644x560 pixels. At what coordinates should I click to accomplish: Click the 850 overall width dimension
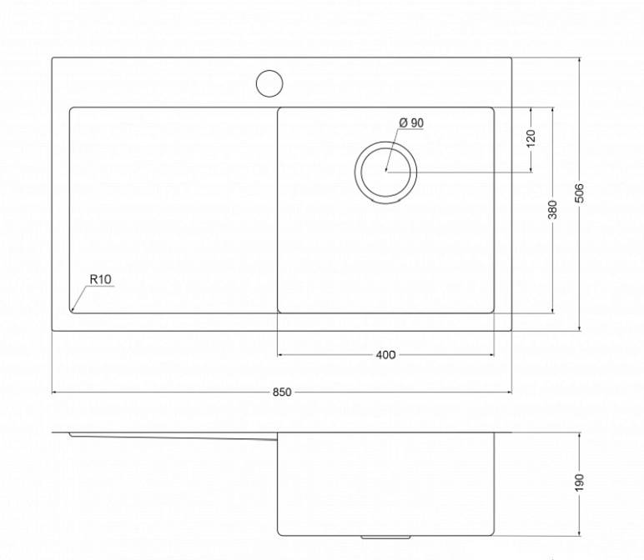coord(282,392)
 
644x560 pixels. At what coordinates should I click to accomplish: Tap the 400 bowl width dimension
coord(385,354)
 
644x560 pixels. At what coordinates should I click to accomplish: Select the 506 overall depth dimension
coord(579,192)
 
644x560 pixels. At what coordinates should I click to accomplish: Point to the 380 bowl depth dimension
coord(553,209)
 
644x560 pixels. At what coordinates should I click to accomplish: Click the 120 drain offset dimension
coord(531,138)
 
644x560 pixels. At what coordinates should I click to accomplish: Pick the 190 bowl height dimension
coord(579,482)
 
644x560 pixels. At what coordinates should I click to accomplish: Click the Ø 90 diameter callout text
coord(411,122)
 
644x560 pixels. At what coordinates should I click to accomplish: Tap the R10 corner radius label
coord(101,279)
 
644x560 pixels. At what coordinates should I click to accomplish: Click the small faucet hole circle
coord(269,83)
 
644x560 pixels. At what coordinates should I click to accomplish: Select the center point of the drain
coord(386,170)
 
